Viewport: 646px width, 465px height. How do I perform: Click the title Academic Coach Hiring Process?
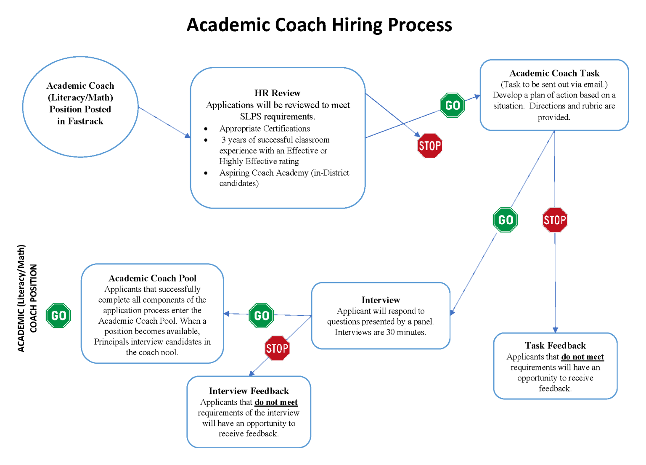coord(319,25)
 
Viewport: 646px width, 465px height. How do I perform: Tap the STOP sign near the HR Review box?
coord(429,146)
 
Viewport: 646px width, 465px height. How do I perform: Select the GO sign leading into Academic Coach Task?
coord(452,105)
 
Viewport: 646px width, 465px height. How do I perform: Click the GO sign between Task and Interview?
coord(505,220)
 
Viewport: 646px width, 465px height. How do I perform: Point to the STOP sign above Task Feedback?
coord(555,220)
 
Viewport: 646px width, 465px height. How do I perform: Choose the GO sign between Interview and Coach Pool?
coord(262,315)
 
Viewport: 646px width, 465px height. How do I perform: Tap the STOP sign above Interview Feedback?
coord(277,348)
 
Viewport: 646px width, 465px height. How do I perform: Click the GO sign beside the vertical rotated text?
coord(58,315)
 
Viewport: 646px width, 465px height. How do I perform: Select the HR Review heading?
coord(277,93)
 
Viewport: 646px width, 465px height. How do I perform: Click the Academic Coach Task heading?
coord(554,73)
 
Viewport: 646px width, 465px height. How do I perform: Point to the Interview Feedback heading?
coord(249,391)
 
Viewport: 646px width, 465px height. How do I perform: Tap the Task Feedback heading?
coord(555,346)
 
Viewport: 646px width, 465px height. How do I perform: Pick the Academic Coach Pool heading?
coord(152,278)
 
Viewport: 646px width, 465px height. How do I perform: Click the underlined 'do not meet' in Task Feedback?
coord(582,357)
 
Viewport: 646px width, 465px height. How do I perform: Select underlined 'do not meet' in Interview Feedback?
coord(276,402)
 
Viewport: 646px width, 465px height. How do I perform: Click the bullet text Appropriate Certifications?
coord(265,129)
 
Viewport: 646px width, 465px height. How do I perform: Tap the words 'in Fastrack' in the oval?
coord(80,121)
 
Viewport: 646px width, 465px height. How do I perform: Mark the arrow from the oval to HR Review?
coord(164,122)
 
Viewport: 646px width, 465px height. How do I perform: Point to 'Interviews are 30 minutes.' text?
coord(380,332)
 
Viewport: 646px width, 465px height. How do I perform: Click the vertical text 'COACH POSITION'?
coord(33,298)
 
